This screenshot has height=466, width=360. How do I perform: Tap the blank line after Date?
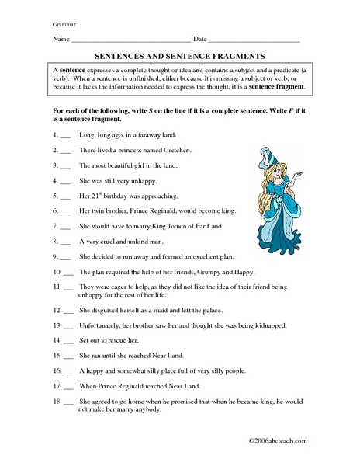click(254, 40)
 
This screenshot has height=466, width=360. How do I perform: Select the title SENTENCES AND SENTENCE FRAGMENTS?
click(180, 56)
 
